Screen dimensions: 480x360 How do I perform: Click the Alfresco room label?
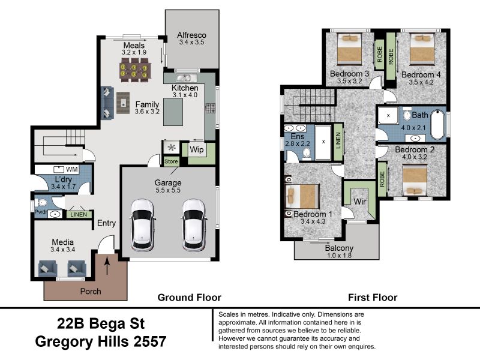pyautogui.click(x=191, y=35)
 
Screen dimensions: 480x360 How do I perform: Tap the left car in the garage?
pyautogui.click(x=142, y=224)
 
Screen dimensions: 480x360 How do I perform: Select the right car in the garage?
pyautogui.click(x=194, y=224)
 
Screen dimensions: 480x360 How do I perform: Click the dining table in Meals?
pyautogui.click(x=134, y=70)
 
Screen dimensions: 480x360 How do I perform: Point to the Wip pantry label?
pyautogui.click(x=196, y=149)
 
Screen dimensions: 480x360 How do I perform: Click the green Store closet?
pyautogui.click(x=171, y=161)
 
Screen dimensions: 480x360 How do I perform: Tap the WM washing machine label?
pyautogui.click(x=71, y=169)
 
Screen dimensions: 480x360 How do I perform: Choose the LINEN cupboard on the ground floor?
pyautogui.click(x=79, y=215)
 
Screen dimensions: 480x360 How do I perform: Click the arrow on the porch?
pyautogui.click(x=107, y=266)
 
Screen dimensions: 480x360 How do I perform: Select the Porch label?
pyautogui.click(x=91, y=291)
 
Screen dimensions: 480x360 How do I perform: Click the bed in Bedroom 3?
pyautogui.click(x=349, y=49)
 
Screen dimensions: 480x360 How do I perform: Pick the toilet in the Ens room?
pyautogui.click(x=307, y=154)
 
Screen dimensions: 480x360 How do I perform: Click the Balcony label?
pyautogui.click(x=339, y=248)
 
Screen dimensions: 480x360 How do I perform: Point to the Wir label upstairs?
pyautogui.click(x=359, y=202)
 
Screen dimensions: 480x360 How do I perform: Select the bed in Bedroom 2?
pyautogui.click(x=415, y=180)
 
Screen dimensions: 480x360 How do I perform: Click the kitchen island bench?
pyautogui.click(x=173, y=112)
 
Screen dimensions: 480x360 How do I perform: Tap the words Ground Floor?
pyautogui.click(x=189, y=298)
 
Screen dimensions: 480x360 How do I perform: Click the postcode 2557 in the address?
pyautogui.click(x=149, y=341)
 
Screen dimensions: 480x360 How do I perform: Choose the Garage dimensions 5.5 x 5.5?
pyautogui.click(x=168, y=190)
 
